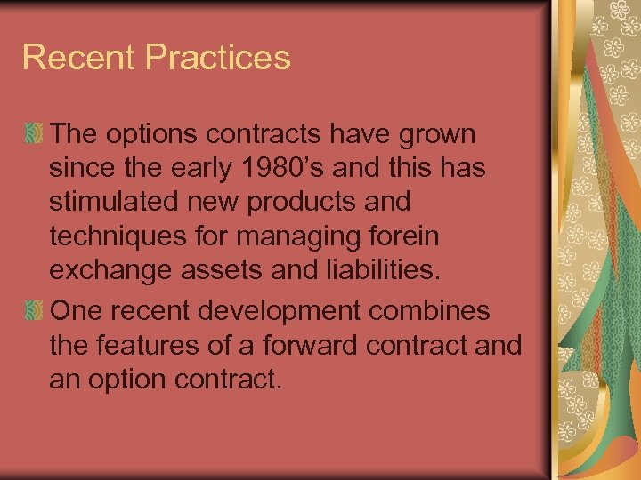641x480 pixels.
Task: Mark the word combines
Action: click(442, 311)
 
